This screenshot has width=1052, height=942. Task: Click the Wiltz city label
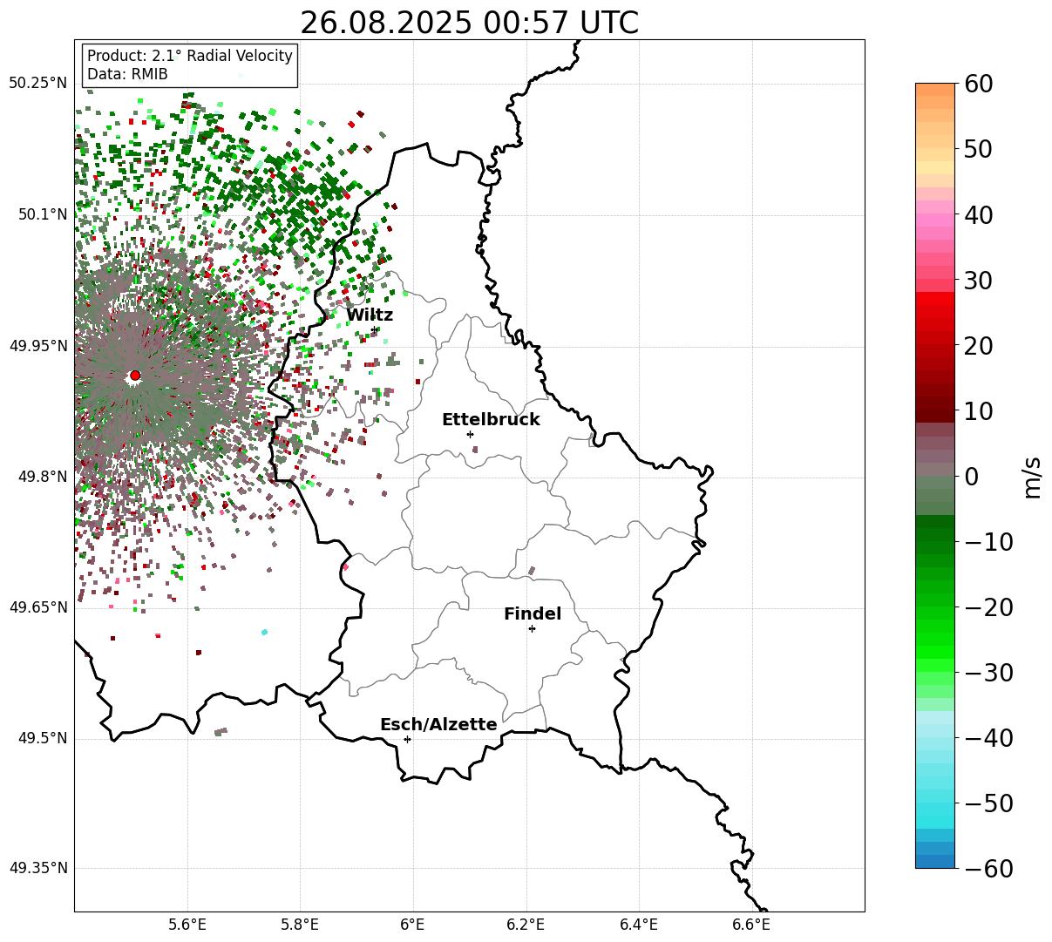point(370,315)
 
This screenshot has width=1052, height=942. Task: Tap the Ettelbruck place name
point(491,420)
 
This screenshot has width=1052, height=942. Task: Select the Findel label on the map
point(533,614)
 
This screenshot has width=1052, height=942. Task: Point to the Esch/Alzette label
point(438,725)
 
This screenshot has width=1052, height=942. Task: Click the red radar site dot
point(135,376)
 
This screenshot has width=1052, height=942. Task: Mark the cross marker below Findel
point(532,628)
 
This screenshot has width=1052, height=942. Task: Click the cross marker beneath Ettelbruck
point(470,434)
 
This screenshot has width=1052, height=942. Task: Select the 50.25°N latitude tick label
point(37,84)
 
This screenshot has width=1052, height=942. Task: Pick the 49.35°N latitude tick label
point(37,869)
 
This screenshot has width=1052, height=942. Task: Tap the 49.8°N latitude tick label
point(41,477)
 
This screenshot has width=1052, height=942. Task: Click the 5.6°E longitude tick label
point(187,925)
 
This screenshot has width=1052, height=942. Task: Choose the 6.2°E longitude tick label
point(526,925)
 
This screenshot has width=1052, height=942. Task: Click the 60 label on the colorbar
point(980,85)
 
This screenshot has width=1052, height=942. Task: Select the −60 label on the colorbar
point(988,869)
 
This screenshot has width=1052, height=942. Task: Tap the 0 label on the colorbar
point(971,477)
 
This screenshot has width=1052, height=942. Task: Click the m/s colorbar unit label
point(1033,477)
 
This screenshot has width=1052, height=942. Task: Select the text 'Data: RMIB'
point(127,75)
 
